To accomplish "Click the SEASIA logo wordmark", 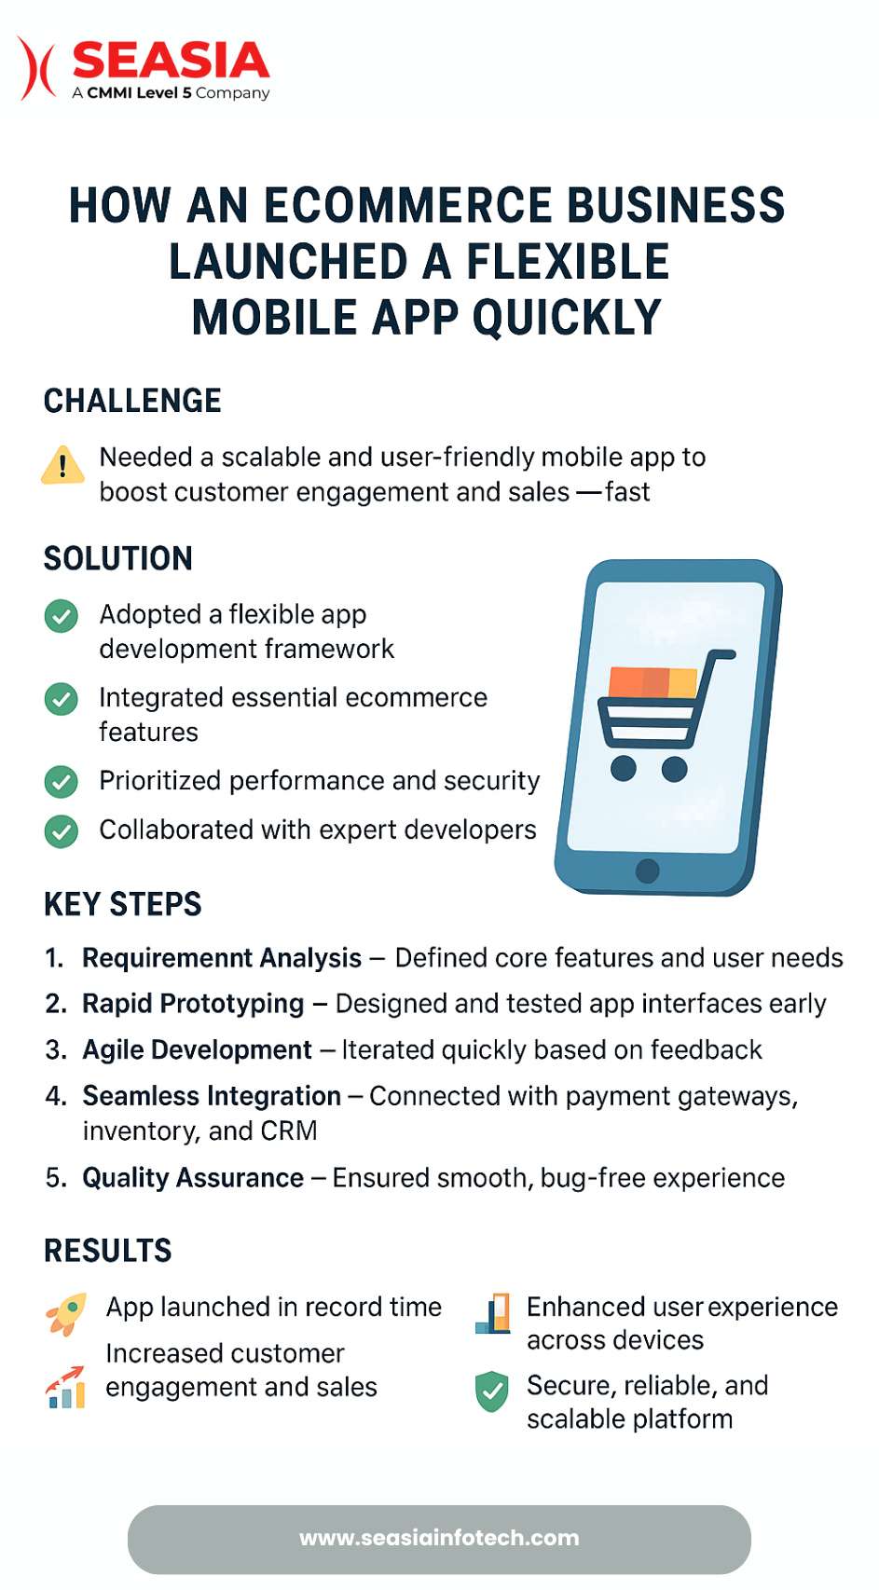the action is point(171,60).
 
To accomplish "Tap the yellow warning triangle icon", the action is point(62,466).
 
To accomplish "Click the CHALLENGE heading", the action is point(132,401).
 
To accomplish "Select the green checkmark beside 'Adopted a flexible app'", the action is point(62,615).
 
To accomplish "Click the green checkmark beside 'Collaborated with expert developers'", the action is point(62,831).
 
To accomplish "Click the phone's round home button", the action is point(647,870).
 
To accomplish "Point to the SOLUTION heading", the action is point(117,558).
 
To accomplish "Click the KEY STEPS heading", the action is point(123,904).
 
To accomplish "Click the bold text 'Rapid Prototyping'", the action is point(193,1005).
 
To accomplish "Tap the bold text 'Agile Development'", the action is point(198,1050).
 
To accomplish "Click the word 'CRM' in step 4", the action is point(289,1131).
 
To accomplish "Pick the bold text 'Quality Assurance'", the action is point(193,1178).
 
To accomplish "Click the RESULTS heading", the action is point(108,1250).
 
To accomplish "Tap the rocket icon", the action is point(66,1314).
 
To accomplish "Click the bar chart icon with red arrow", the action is point(65,1387).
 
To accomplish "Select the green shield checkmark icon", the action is point(491,1391).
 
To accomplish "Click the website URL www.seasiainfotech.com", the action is point(440,1538).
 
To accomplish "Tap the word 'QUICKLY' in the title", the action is point(567,317).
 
